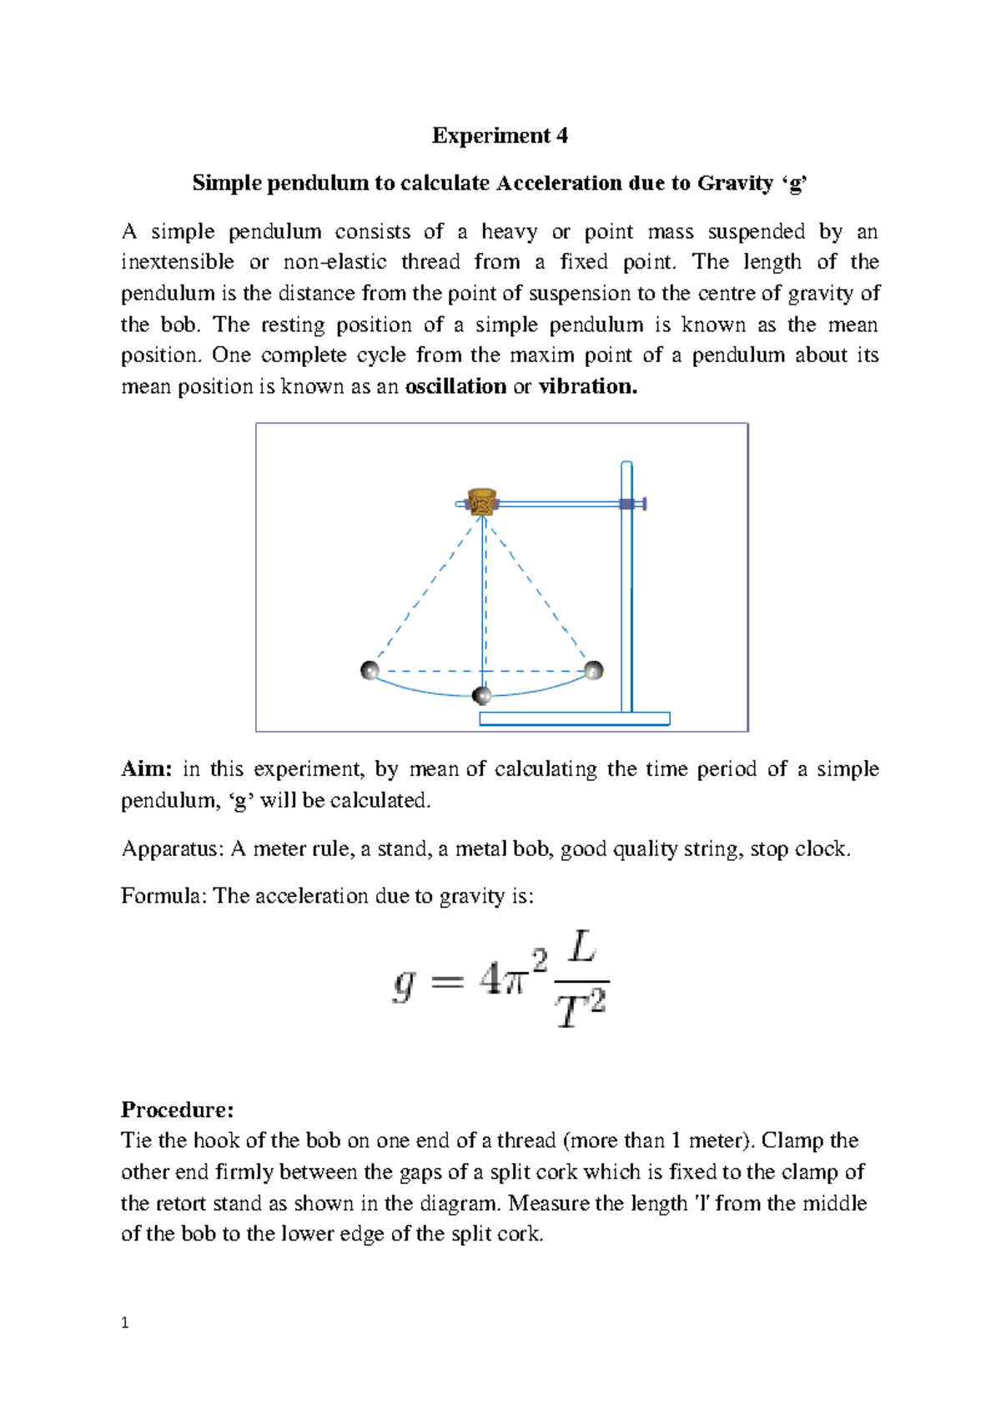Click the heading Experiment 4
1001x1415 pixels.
point(500,136)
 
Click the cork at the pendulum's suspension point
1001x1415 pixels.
point(482,502)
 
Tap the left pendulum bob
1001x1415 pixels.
point(370,670)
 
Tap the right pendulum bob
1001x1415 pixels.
point(593,670)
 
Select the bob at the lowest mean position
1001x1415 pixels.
point(481,696)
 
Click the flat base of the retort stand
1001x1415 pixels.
point(575,719)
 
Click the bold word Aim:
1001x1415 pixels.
point(146,769)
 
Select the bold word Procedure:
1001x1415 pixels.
point(177,1110)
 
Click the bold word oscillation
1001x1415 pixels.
point(455,387)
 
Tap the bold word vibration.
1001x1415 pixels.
point(587,387)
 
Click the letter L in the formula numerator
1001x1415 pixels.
point(581,949)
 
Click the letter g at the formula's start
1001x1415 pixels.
point(404,984)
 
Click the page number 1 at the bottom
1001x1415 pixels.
point(125,1323)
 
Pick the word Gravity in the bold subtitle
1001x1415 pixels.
point(734,184)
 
